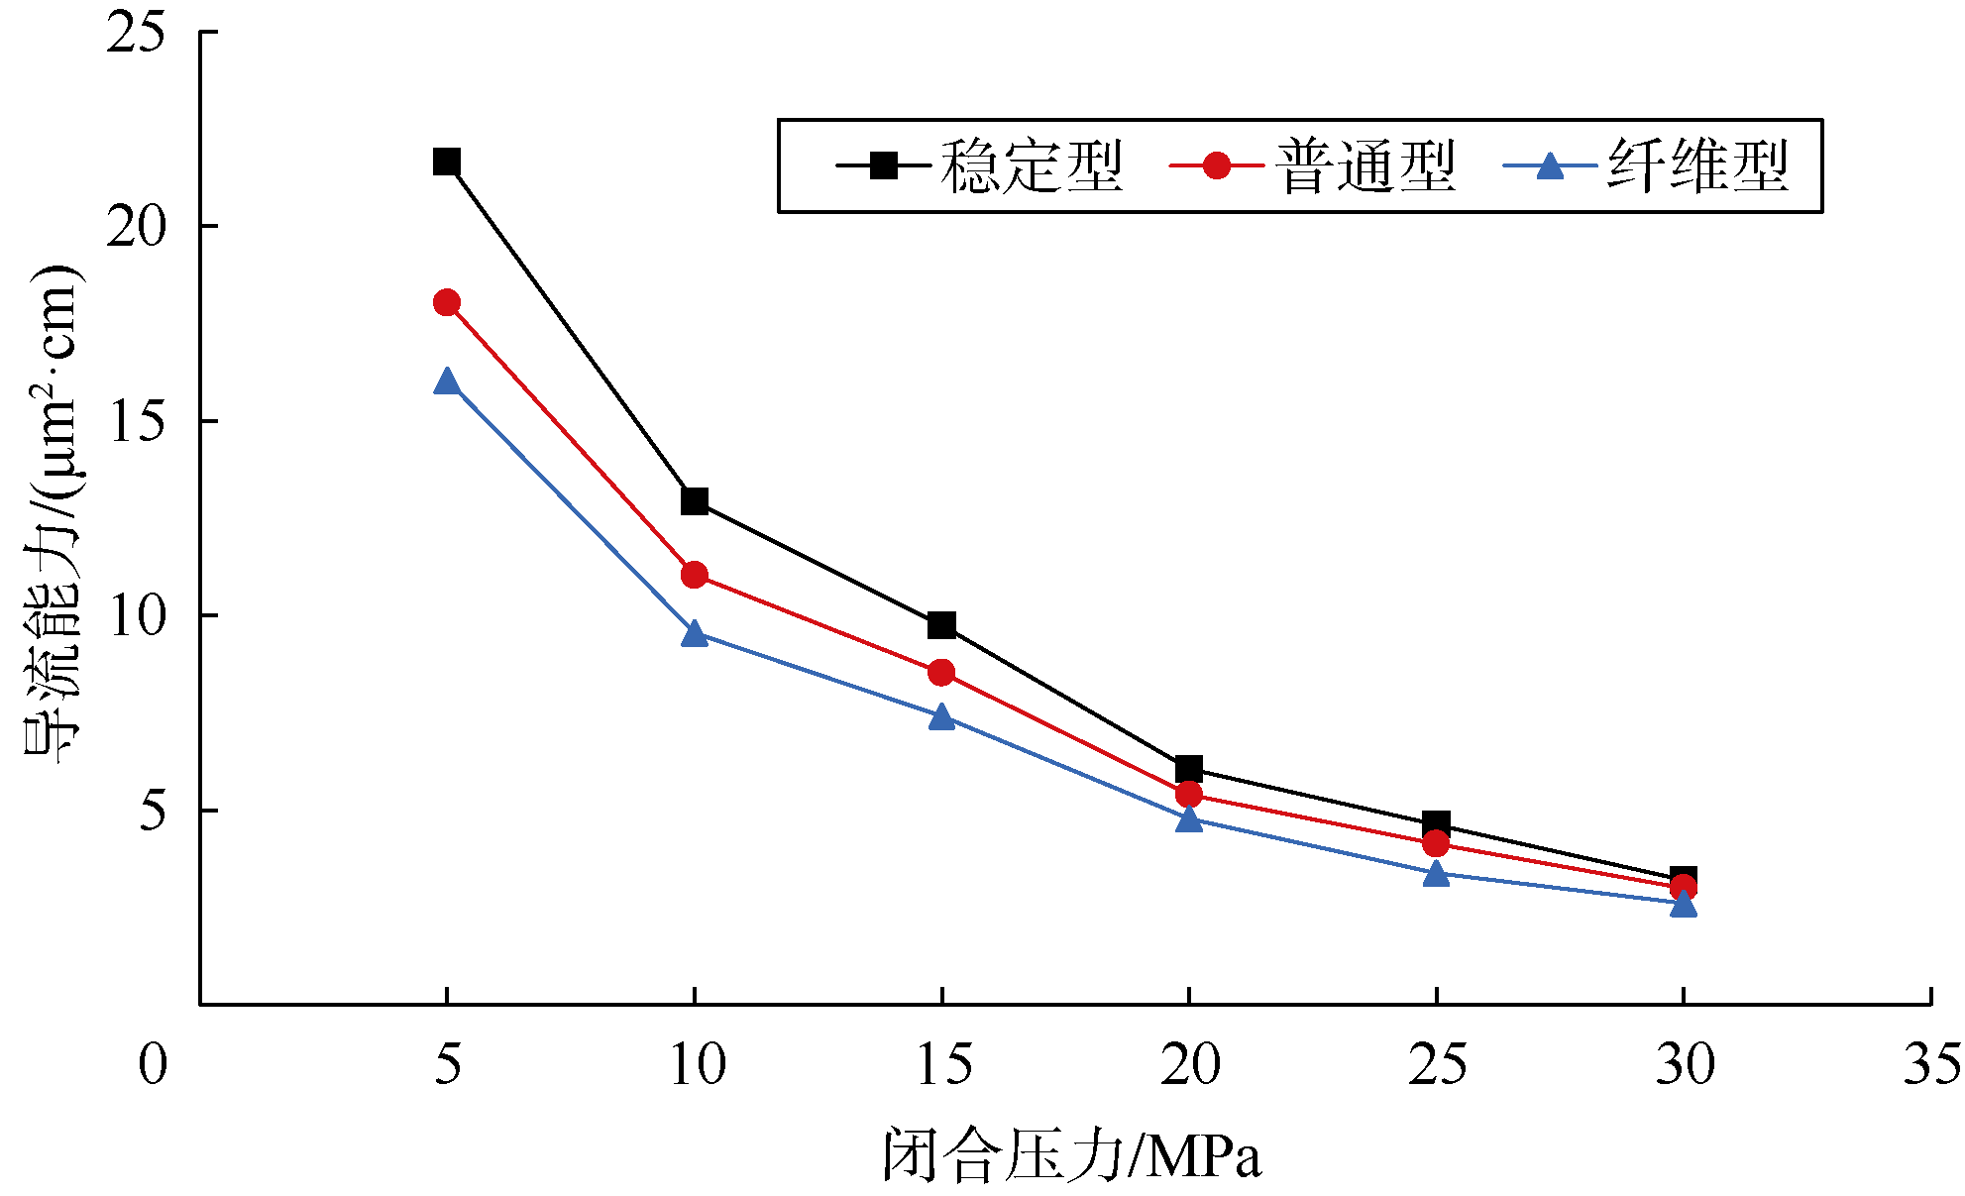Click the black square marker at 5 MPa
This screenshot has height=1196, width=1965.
pyautogui.click(x=447, y=162)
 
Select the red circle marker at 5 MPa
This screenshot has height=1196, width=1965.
pyautogui.click(x=447, y=302)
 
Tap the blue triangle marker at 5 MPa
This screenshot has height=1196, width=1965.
pyautogui.click(x=447, y=381)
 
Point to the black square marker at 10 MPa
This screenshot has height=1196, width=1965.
pyautogui.click(x=695, y=501)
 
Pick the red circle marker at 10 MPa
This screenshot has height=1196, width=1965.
pyautogui.click(x=695, y=575)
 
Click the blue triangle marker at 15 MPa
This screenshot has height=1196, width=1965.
pyautogui.click(x=941, y=716)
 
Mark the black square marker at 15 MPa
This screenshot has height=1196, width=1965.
pyautogui.click(x=941, y=625)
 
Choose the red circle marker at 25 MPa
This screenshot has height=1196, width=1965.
pyautogui.click(x=1436, y=844)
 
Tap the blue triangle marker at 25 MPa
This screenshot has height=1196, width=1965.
pyautogui.click(x=1436, y=874)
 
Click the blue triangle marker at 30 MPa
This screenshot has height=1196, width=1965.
pyautogui.click(x=1683, y=904)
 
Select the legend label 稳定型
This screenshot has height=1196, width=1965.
pyautogui.click(x=1032, y=165)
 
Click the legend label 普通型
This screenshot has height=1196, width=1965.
pyautogui.click(x=1365, y=165)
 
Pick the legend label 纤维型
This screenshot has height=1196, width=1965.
pyautogui.click(x=1698, y=165)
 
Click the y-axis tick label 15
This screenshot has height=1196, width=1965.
pyautogui.click(x=137, y=422)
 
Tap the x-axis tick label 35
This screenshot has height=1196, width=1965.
pyautogui.click(x=1931, y=1065)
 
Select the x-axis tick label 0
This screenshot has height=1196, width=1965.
pyautogui.click(x=153, y=1065)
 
